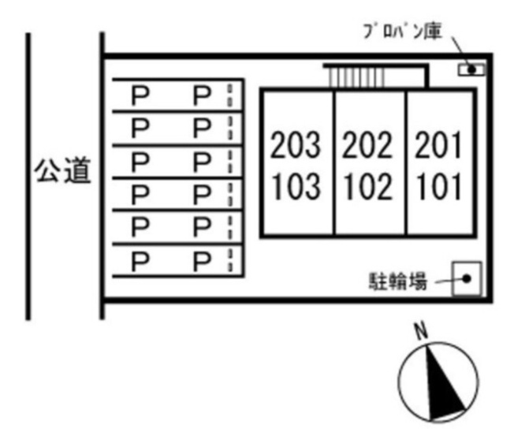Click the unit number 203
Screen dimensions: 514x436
[x=295, y=144]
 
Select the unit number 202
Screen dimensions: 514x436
[x=367, y=144]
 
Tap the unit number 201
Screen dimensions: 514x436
[x=438, y=144]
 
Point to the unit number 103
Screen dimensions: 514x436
[x=296, y=187]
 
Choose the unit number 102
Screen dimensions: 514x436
[x=368, y=187]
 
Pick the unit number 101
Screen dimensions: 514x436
[x=439, y=187]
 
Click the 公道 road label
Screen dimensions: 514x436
[x=62, y=170]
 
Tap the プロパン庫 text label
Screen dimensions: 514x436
[x=403, y=32]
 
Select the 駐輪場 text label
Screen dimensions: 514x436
[x=398, y=281]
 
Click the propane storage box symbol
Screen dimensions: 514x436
[x=471, y=69]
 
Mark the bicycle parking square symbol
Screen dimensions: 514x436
[x=467, y=278]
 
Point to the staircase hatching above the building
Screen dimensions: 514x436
[x=356, y=78]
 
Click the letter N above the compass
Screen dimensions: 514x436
[x=422, y=331]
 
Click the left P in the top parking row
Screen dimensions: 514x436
[x=140, y=95]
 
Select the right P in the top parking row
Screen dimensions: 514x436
[x=202, y=95]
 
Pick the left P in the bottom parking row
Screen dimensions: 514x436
[x=140, y=261]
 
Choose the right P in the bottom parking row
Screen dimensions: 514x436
[x=202, y=261]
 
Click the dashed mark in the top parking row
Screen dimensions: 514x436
[x=230, y=95]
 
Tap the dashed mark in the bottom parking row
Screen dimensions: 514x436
[x=230, y=261]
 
